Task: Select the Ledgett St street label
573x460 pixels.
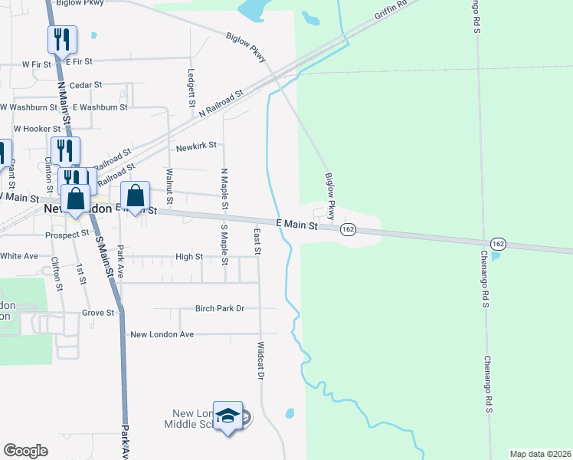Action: pyautogui.click(x=191, y=87)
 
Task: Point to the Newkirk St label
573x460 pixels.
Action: pyautogui.click(x=196, y=145)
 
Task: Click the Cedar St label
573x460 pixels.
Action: pyautogui.click(x=85, y=85)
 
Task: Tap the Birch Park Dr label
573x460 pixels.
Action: pyautogui.click(x=219, y=308)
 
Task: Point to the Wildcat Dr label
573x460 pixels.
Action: pyautogui.click(x=260, y=361)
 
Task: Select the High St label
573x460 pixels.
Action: pyautogui.click(x=188, y=258)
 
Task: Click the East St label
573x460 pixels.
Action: pyautogui.click(x=257, y=241)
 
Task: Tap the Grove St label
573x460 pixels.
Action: pyautogui.click(x=98, y=313)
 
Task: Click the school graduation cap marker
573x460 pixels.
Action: pyautogui.click(x=228, y=416)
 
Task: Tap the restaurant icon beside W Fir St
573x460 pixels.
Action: pyautogui.click(x=61, y=39)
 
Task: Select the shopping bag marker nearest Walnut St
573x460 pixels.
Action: pyautogui.click(x=135, y=196)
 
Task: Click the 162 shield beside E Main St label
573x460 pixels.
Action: pyautogui.click(x=348, y=229)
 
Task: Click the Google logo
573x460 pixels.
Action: pyautogui.click(x=25, y=451)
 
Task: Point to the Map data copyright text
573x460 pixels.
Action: pyautogui.click(x=540, y=454)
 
